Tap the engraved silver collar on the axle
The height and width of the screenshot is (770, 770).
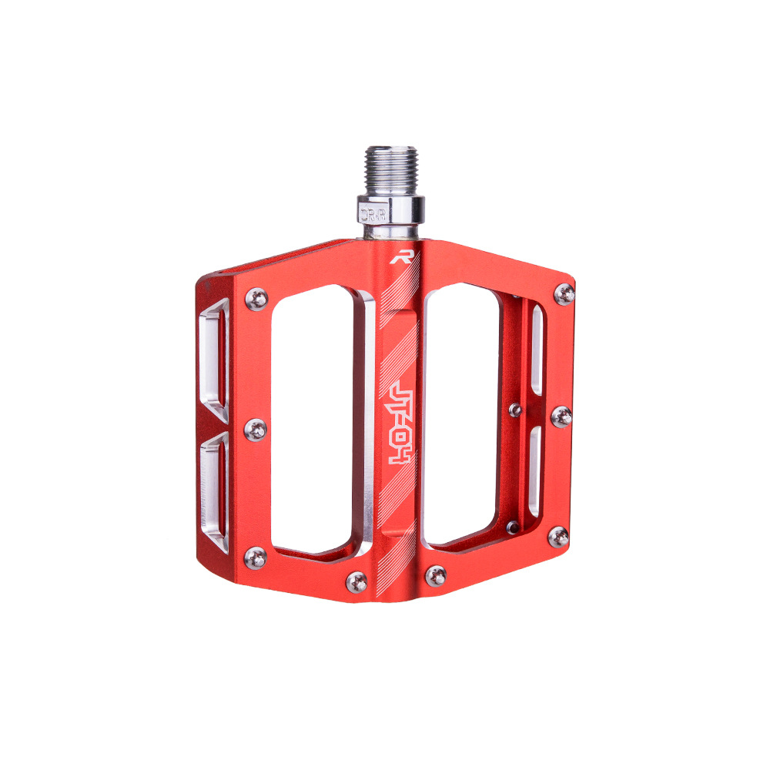[390, 209]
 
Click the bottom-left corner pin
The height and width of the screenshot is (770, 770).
[256, 556]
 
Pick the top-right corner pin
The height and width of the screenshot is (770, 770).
[564, 294]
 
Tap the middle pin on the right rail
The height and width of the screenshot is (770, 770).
[562, 417]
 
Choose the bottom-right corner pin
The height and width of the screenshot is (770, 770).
[559, 537]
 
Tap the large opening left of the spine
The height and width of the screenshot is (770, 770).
[312, 420]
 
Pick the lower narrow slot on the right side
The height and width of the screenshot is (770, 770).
[534, 470]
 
